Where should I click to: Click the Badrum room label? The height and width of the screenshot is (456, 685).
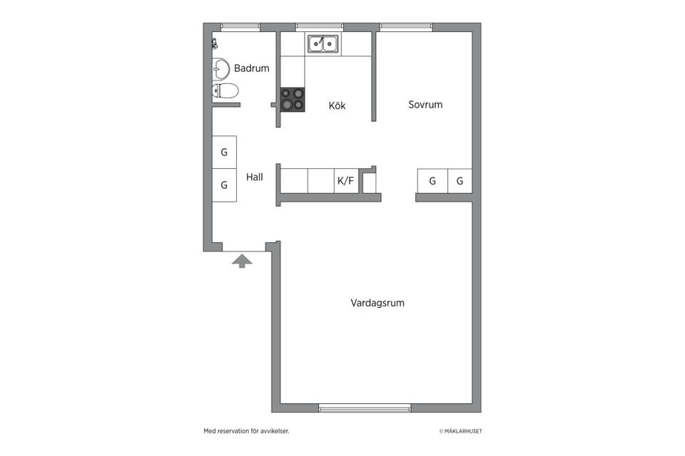[x=251, y=68]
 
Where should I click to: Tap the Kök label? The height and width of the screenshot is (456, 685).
[x=337, y=105]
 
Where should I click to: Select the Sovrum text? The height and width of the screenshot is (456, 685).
[x=425, y=105]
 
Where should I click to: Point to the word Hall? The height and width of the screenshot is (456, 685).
[x=255, y=177]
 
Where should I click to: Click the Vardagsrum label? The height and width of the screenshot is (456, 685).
[x=377, y=303]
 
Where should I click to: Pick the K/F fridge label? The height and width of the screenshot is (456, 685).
[x=345, y=181]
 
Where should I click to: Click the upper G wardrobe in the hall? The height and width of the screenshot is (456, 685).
[x=224, y=152]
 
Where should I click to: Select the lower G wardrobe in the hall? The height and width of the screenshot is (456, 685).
[x=224, y=185]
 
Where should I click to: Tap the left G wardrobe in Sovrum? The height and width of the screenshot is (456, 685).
[x=432, y=181]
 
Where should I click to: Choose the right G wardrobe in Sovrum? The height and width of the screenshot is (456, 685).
[x=460, y=181]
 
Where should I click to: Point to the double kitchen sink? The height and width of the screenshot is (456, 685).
[x=324, y=44]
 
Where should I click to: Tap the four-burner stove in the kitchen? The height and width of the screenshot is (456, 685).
[x=293, y=99]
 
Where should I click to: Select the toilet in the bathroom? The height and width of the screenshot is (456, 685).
[x=225, y=90]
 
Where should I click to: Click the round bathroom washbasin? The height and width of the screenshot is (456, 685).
[x=220, y=69]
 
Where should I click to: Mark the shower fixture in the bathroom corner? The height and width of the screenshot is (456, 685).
[x=215, y=43]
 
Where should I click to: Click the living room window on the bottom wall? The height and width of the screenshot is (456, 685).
[x=365, y=408]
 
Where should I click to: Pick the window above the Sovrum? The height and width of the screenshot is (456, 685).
[x=405, y=27]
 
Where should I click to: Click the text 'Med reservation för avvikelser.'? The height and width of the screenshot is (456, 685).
[x=246, y=431]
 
